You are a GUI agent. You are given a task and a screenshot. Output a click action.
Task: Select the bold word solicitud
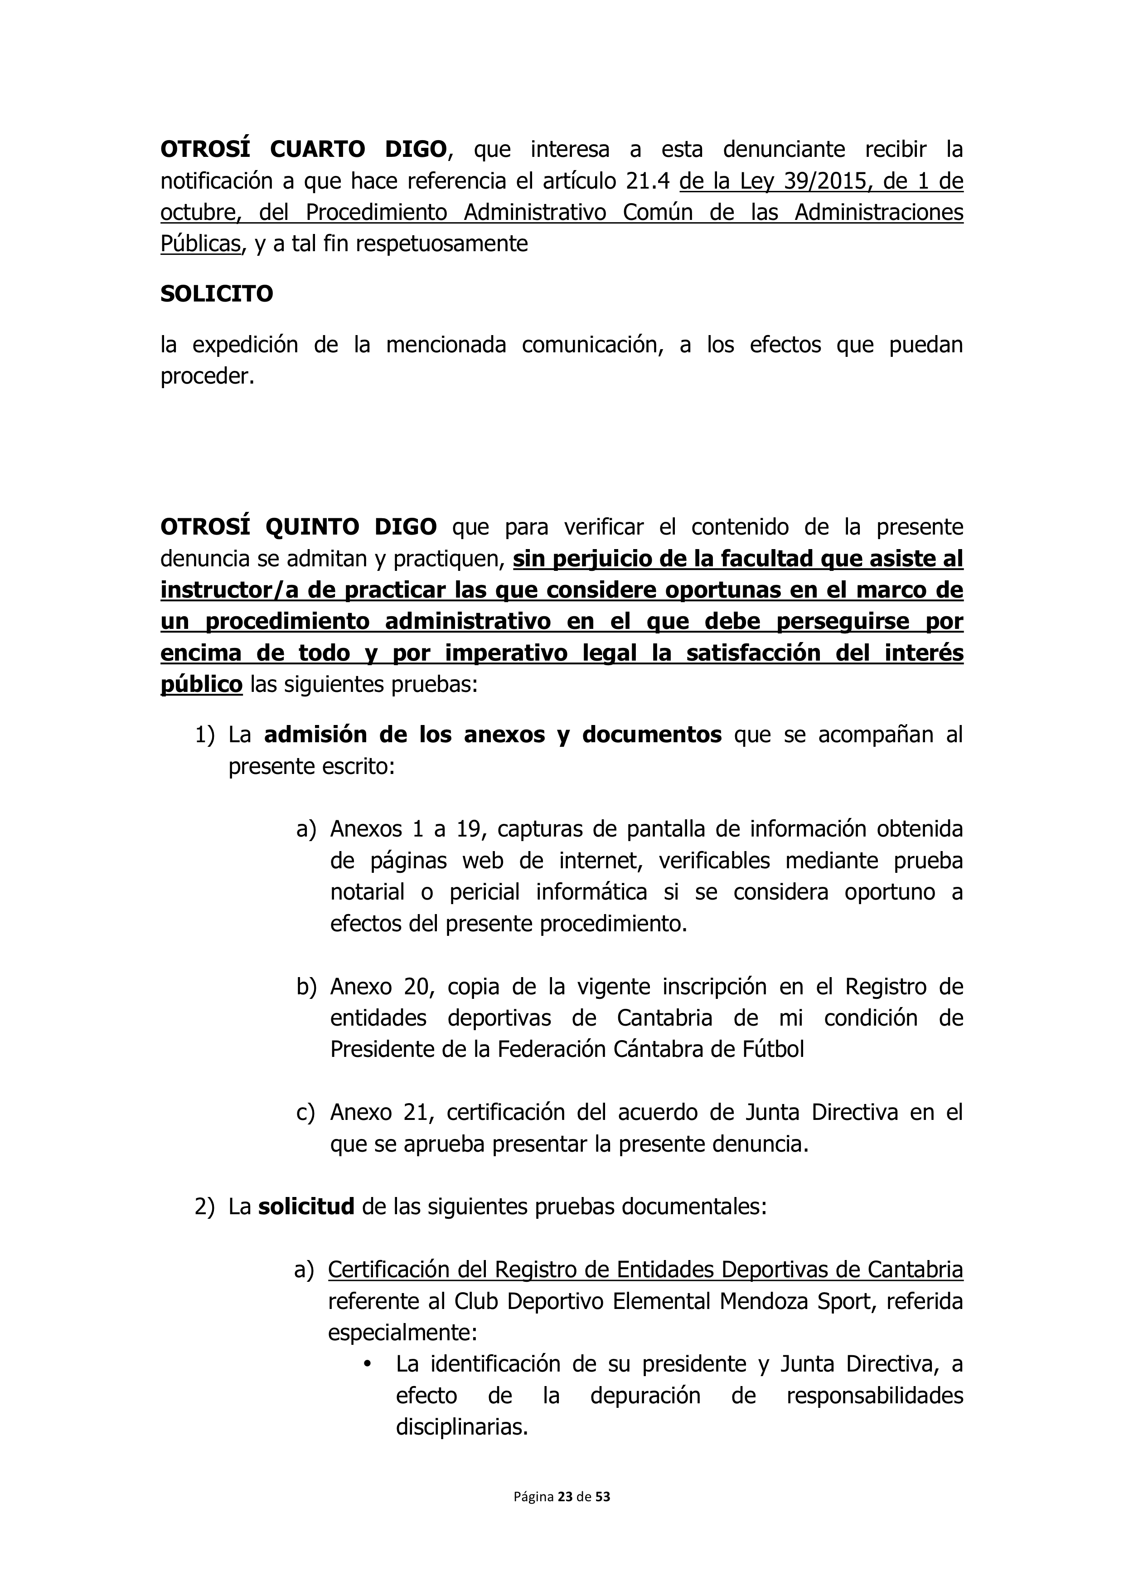point(306,1207)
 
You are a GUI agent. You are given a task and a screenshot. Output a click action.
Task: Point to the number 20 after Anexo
point(417,987)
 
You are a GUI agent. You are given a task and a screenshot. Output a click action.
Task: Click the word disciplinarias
point(462,1427)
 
